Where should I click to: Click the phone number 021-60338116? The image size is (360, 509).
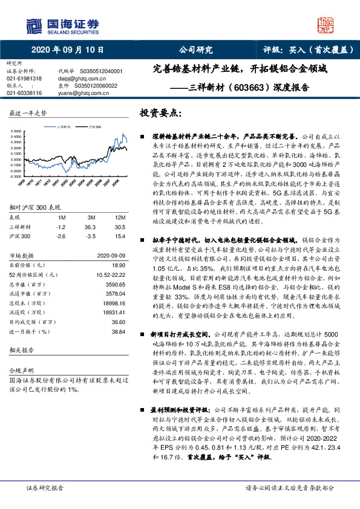(24, 94)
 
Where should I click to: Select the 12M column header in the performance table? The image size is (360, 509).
(120, 217)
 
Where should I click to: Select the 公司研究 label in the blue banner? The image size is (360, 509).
(196, 50)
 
